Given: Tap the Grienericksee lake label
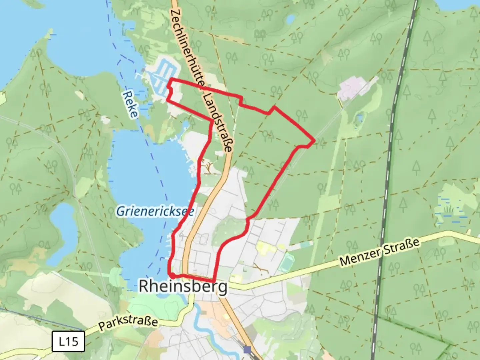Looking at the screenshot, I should click(x=155, y=211).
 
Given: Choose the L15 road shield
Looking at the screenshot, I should click(x=68, y=341).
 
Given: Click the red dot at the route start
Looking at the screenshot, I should click(x=173, y=276).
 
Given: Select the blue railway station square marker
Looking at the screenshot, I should click(x=247, y=350).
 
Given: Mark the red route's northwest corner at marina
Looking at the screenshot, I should click(x=171, y=79).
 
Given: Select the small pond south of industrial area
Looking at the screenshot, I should click(x=359, y=118).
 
